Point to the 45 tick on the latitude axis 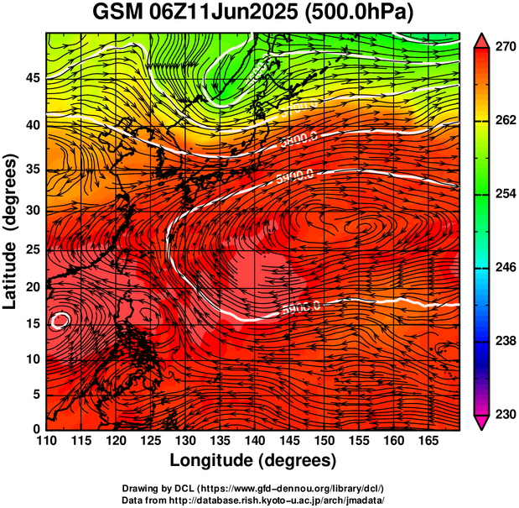tap(33, 78)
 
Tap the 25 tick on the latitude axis tap(33, 249)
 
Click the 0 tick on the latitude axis tap(37, 429)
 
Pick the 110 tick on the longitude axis tap(46, 442)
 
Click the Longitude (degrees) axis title tap(253, 461)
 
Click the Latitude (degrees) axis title tap(11, 230)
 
